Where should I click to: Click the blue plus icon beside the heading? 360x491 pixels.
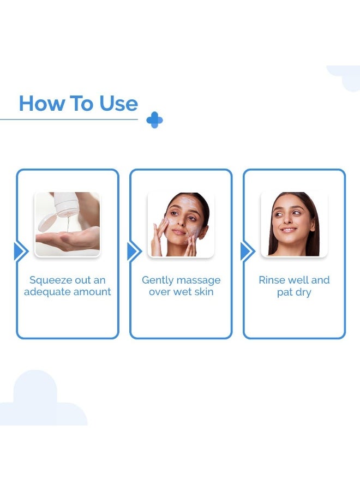pyautogui.click(x=154, y=120)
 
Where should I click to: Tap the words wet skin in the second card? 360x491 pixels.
pyautogui.click(x=194, y=292)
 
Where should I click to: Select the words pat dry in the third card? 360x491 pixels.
pyautogui.click(x=294, y=292)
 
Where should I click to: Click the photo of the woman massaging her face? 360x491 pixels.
pyautogui.click(x=181, y=224)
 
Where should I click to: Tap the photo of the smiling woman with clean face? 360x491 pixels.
pyautogui.click(x=294, y=224)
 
